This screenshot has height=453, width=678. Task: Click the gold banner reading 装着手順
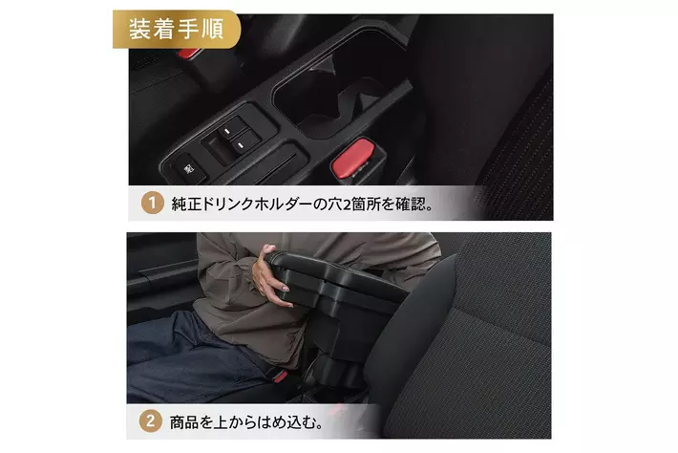[x=177, y=29]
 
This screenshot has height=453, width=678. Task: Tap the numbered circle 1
[x=152, y=203]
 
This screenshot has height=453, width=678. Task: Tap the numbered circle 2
[x=151, y=421]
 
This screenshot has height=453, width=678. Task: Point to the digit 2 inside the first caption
[x=347, y=205]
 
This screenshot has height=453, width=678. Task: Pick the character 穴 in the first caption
[x=334, y=204]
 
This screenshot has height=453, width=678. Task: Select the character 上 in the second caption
[x=222, y=422]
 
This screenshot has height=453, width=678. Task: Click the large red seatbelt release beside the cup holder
[x=353, y=159]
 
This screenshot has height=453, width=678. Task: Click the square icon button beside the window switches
[x=188, y=168]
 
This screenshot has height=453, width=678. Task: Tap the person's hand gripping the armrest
[x=270, y=277]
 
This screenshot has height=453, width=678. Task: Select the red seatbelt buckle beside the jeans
[x=280, y=376]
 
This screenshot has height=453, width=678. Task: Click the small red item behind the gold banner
[x=188, y=54]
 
